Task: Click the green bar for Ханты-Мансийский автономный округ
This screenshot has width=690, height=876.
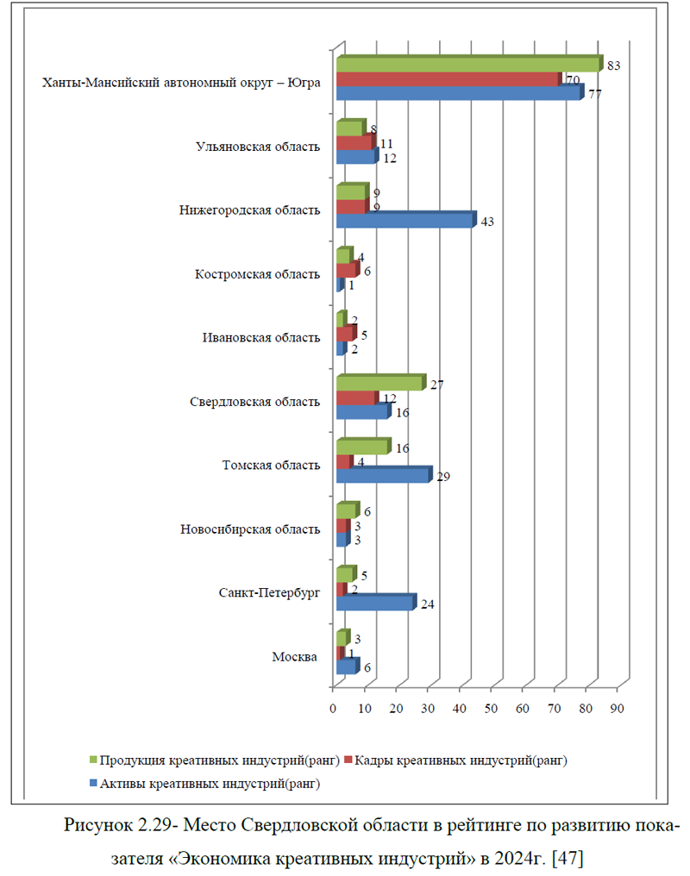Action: pyautogui.click(x=469, y=64)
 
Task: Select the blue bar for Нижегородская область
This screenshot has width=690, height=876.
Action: pyautogui.click(x=406, y=220)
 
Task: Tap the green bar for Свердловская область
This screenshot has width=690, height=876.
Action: pyautogui.click(x=381, y=383)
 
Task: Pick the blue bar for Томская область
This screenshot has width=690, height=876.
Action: pyautogui.click(x=385, y=474)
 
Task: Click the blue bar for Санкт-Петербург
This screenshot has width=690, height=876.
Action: pyautogui.click(x=377, y=602)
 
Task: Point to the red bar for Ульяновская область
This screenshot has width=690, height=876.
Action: pyautogui.click(x=356, y=142)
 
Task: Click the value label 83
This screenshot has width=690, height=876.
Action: pyautogui.click(x=613, y=66)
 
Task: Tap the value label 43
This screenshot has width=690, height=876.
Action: pyautogui.click(x=487, y=222)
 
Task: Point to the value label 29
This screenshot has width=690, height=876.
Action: pyautogui.click(x=443, y=477)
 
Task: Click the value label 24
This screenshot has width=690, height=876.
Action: pyautogui.click(x=428, y=604)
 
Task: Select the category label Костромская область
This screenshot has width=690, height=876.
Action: pyautogui.click(x=257, y=274)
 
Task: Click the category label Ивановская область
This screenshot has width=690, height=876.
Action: pyautogui.click(x=261, y=338)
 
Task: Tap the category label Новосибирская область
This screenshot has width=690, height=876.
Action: pyautogui.click(x=250, y=529)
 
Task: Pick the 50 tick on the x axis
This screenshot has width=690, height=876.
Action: pyautogui.click(x=491, y=709)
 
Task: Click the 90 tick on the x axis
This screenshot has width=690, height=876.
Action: pyautogui.click(x=617, y=709)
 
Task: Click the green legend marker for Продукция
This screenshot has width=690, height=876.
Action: pyautogui.click(x=93, y=760)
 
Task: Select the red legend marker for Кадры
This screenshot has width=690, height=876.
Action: pyautogui.click(x=348, y=760)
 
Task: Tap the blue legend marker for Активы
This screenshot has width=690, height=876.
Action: pyautogui.click(x=93, y=783)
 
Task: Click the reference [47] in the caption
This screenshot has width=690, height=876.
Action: pyautogui.click(x=567, y=858)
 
